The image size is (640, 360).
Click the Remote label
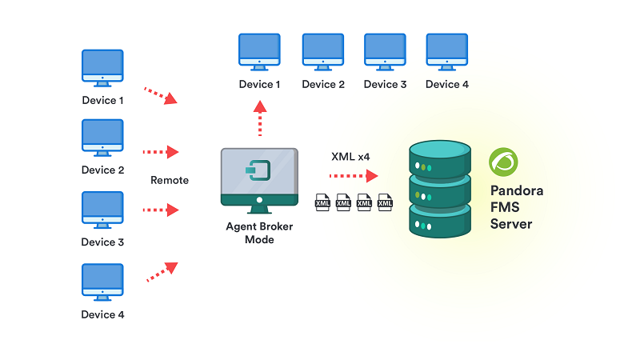(x=170, y=180)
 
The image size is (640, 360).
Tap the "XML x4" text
(x=350, y=157)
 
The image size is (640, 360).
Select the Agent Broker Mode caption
(x=259, y=233)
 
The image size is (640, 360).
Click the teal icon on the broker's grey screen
(x=258, y=170)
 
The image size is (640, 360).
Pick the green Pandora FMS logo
(x=503, y=162)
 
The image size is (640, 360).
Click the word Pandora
(x=517, y=190)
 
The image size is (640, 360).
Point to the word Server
(x=511, y=224)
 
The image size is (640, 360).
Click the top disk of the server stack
(x=440, y=159)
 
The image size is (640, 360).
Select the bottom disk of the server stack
(x=440, y=222)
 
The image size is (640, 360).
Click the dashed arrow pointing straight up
(x=260, y=118)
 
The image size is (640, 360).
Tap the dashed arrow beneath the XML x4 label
(x=354, y=176)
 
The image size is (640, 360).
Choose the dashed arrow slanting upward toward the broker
(x=162, y=272)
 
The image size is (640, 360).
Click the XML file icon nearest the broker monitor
(x=322, y=202)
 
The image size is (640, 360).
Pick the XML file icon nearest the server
(x=385, y=202)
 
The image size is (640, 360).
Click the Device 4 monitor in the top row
(x=447, y=52)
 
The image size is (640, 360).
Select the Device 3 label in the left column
(x=102, y=242)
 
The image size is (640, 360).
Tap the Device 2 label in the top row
(x=323, y=84)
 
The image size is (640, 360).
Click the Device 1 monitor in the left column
(x=102, y=68)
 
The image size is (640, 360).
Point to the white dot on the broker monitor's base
(x=259, y=200)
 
